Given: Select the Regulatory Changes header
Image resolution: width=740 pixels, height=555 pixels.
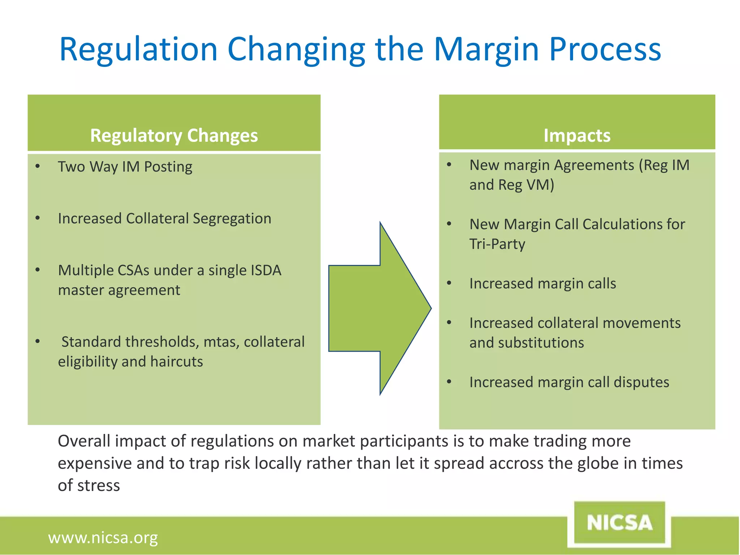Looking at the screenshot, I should [174, 135].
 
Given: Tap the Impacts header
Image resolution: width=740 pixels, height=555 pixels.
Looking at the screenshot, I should [577, 135].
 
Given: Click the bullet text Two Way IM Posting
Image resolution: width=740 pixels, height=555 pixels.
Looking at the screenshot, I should [125, 167].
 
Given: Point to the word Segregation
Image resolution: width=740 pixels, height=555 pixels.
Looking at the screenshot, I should [232, 218].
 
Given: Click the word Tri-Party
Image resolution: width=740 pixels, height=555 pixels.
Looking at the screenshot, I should [497, 244].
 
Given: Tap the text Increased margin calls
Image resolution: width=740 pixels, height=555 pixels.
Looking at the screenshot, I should [542, 283].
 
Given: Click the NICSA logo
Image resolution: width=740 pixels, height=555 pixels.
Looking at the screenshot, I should [619, 522].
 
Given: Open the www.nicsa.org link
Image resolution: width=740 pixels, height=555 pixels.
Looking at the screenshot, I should [103, 538].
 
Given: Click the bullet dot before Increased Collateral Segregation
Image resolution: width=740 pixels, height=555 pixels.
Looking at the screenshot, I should [38, 218].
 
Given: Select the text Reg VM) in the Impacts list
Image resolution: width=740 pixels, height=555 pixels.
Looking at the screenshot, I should [526, 185].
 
